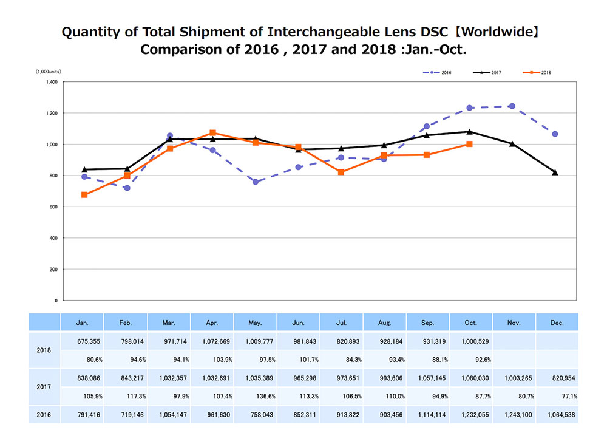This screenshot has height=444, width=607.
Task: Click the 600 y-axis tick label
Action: [53, 207]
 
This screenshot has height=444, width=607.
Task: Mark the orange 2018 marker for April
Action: [212, 132]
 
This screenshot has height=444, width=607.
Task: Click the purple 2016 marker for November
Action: [512, 106]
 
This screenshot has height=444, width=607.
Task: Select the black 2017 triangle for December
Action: [555, 172]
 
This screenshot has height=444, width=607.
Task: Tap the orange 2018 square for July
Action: [341, 172]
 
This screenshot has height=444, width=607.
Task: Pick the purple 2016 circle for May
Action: [256, 182]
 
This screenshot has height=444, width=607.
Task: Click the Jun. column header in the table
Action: [298, 323]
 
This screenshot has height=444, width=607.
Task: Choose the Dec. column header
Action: [557, 323]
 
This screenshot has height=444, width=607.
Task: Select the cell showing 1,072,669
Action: [212, 341]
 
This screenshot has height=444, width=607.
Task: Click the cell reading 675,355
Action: [83, 341]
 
